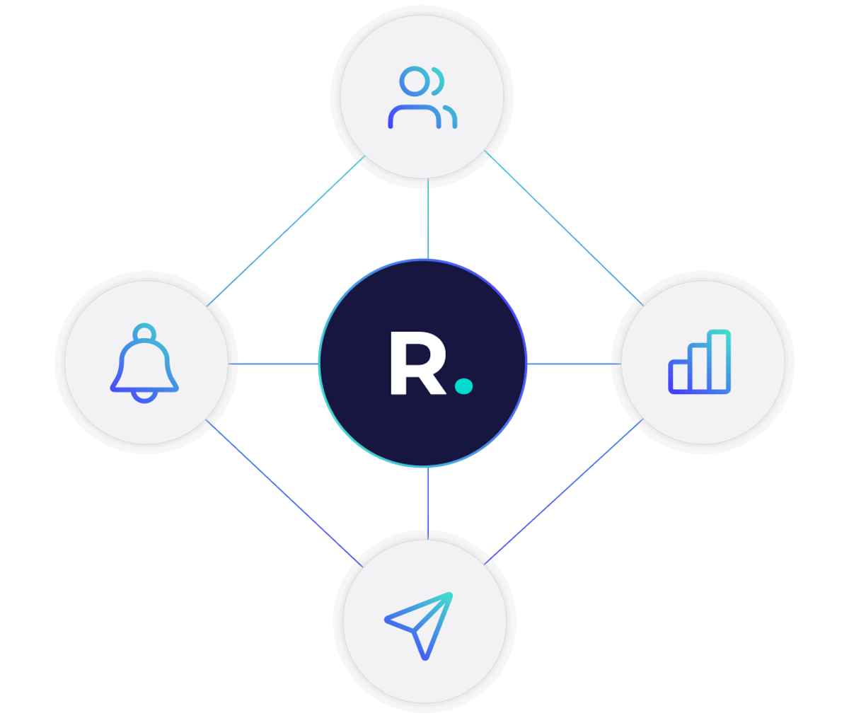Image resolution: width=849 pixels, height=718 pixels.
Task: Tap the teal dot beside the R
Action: click(x=464, y=386)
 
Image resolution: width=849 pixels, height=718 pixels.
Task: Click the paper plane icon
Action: click(x=420, y=623)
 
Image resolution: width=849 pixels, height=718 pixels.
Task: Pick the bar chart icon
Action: click(x=699, y=361)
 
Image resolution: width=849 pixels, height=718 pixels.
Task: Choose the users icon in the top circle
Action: click(x=422, y=98)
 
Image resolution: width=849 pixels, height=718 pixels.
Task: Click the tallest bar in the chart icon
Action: click(x=718, y=361)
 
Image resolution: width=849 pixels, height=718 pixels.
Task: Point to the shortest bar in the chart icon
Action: click(x=680, y=376)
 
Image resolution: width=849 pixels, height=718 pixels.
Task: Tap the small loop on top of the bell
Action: click(x=145, y=332)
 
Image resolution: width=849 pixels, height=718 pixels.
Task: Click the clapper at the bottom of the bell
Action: click(x=145, y=396)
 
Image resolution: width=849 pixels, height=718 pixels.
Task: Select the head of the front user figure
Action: click(x=414, y=81)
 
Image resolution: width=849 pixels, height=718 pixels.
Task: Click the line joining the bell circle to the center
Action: click(x=276, y=364)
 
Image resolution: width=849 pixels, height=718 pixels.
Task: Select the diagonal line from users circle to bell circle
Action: click(x=287, y=230)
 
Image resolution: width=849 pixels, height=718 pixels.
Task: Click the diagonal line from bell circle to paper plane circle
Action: click(x=283, y=492)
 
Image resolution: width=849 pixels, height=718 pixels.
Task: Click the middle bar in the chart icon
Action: click(x=699, y=367)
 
